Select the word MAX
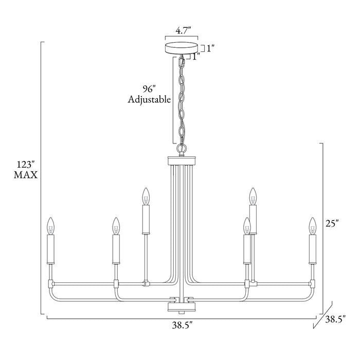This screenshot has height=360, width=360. [x=26, y=175]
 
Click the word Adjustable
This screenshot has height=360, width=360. [x=149, y=99]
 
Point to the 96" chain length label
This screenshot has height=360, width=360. [x=149, y=89]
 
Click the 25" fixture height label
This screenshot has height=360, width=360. [x=332, y=223]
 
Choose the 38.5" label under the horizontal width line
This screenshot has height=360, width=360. [x=182, y=325]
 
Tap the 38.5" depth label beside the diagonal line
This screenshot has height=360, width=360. [x=335, y=319]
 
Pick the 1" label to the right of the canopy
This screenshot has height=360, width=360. [x=210, y=48]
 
